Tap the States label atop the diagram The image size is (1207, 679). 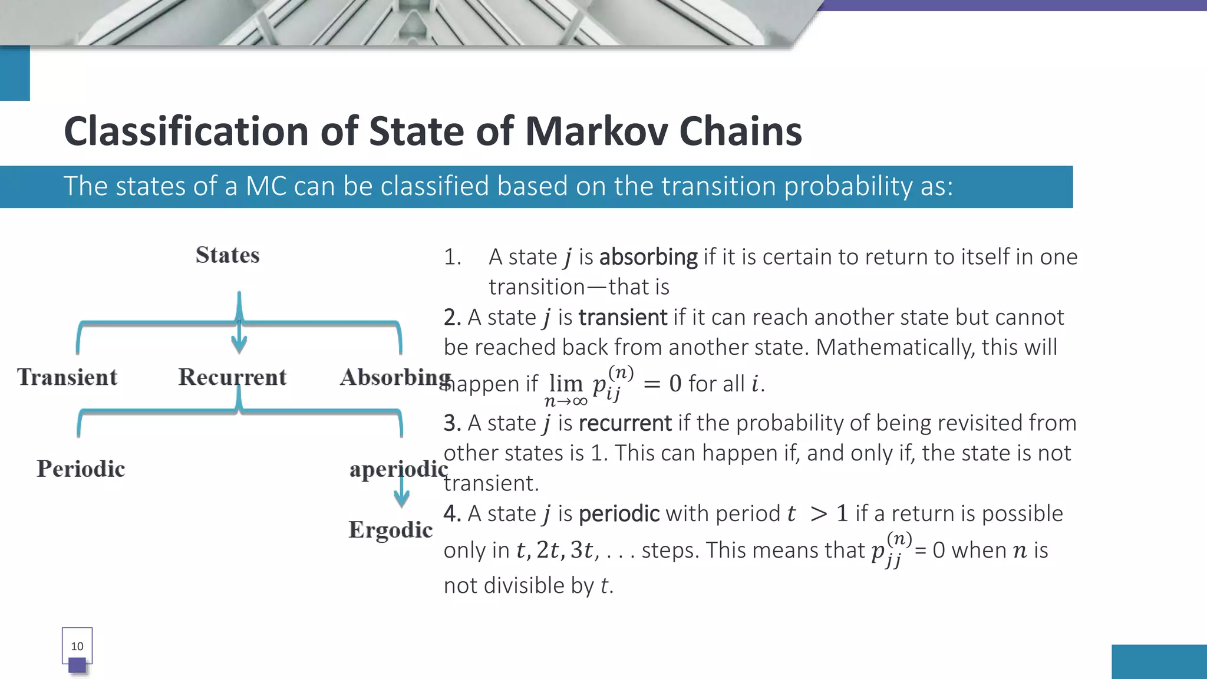click(227, 255)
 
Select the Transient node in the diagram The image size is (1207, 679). click(67, 377)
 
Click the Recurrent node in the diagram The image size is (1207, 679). click(232, 377)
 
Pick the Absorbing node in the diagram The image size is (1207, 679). click(395, 377)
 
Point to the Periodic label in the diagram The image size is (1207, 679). click(81, 469)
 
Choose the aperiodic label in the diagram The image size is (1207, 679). click(398, 469)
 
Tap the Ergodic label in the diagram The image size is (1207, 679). click(390, 530)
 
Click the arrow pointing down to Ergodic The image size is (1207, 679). click(401, 492)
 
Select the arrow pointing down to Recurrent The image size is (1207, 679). click(239, 339)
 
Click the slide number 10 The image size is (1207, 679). click(77, 646)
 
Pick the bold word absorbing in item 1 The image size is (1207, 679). click(648, 257)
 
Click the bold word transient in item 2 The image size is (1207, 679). click(622, 318)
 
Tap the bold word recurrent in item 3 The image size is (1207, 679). click(625, 423)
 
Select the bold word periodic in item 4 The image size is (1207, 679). click(619, 514)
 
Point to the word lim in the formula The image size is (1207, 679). click(566, 383)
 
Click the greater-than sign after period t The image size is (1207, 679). click(818, 514)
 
